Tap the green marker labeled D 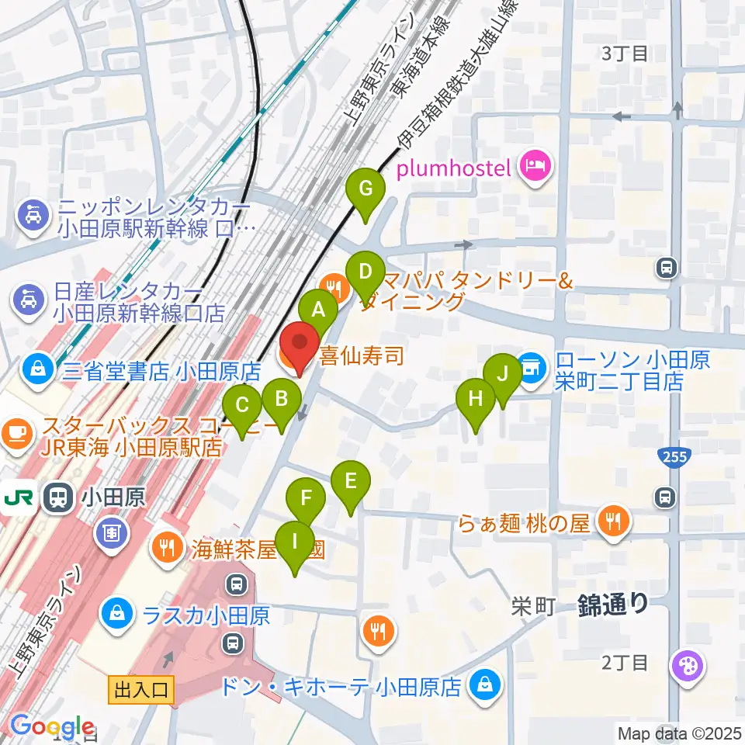365,272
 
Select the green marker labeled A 318,309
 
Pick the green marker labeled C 243,405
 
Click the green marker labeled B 281,399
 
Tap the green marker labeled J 503,374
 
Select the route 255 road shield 674,456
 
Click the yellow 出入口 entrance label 143,688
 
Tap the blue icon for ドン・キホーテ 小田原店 485,685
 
